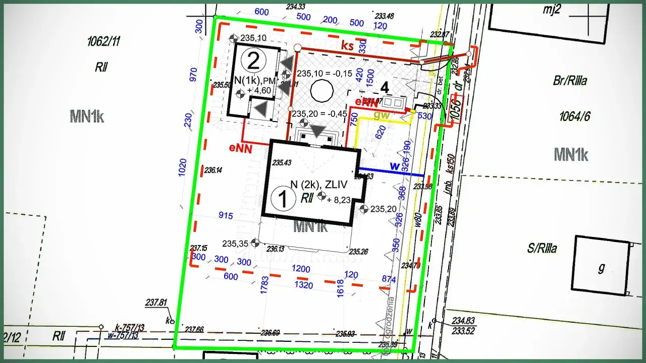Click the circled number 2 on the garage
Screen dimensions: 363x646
pos(253,60)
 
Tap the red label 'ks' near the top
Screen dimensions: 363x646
pos(347,45)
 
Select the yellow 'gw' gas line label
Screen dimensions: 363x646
pos(381,115)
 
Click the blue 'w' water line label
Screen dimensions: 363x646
pos(395,165)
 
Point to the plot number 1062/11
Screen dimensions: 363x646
pos(104,42)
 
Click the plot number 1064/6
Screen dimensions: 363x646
pos(574,117)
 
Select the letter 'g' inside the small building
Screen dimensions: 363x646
pos(601,267)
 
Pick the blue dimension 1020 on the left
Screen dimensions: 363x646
pos(183,168)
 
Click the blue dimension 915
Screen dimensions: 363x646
pos(226,216)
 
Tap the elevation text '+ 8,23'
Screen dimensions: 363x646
pos(338,200)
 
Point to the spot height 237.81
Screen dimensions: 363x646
pos(156,303)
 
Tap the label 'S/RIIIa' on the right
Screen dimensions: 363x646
pos(542,249)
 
